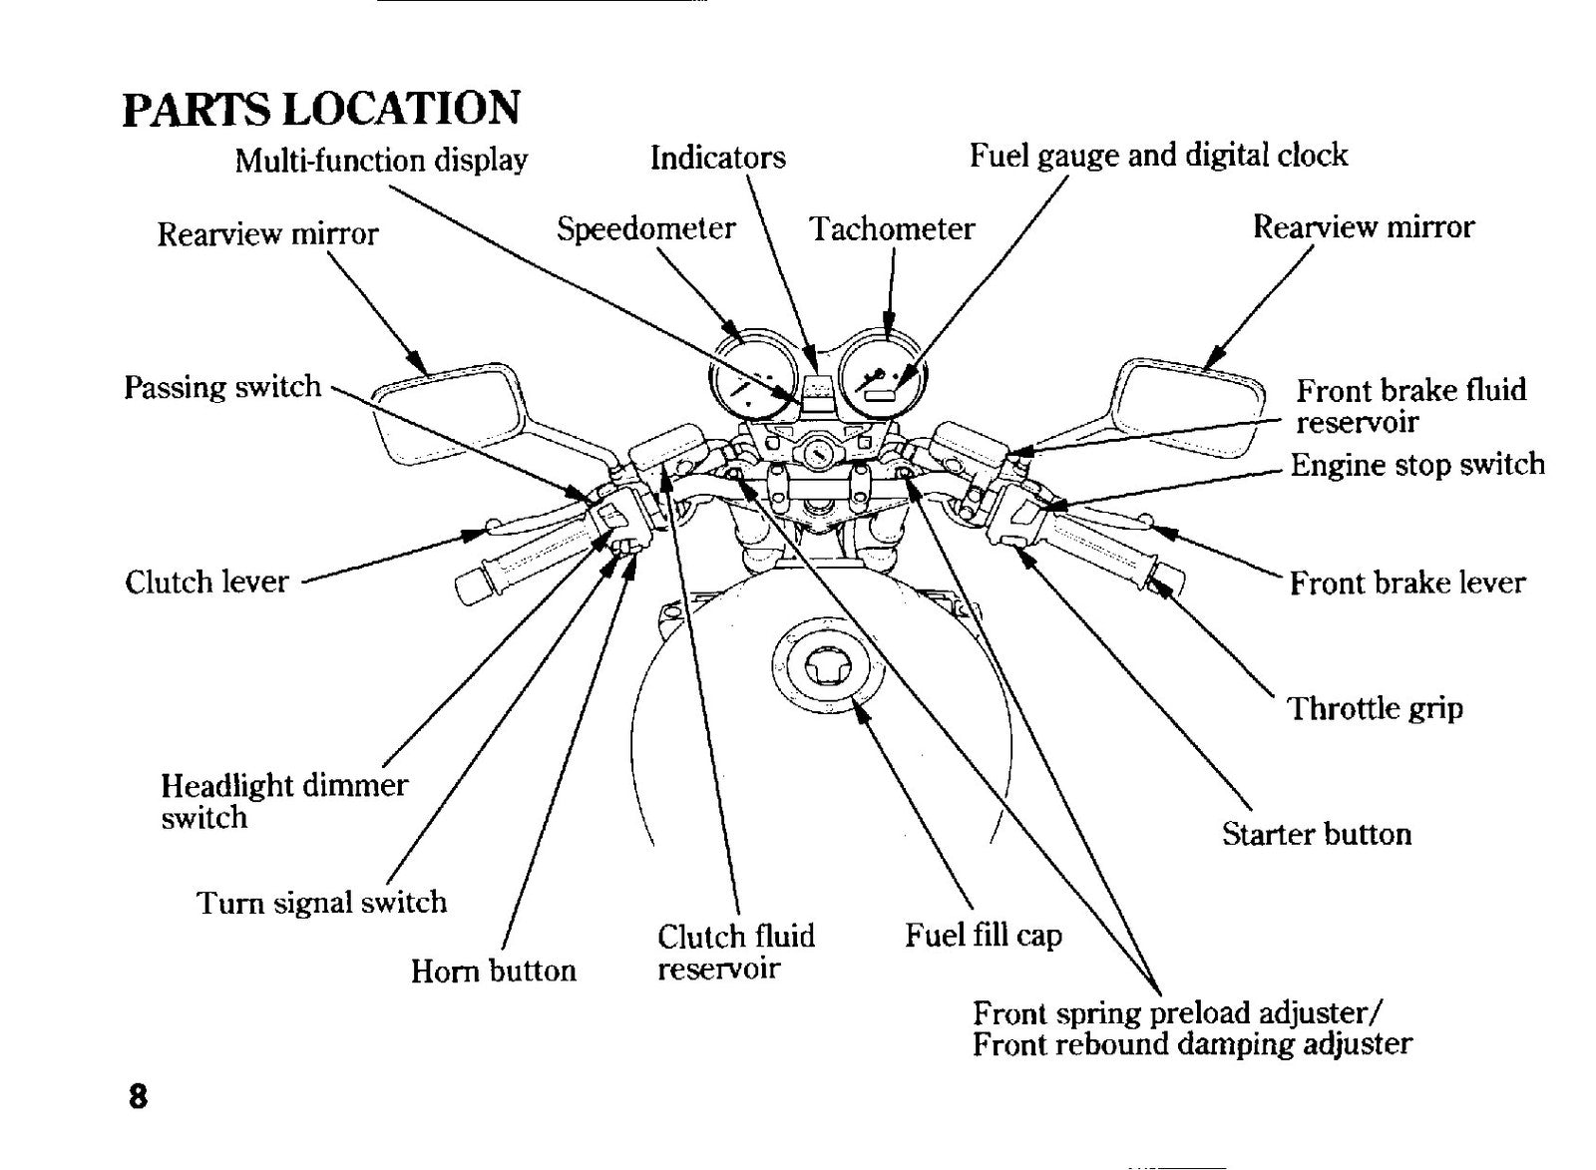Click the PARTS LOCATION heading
tap(321, 109)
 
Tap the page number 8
tap(138, 1096)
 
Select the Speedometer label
tap(645, 229)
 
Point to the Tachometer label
tap(892, 229)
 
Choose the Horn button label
tap(493, 971)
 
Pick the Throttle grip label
tap(1375, 709)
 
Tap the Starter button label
tap(1317, 834)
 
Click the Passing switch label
tap(222, 388)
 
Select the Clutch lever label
tap(206, 583)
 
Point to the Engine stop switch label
tap(1417, 465)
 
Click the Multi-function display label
tap(381, 160)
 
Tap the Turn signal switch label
tap(321, 903)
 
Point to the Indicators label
tap(717, 158)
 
